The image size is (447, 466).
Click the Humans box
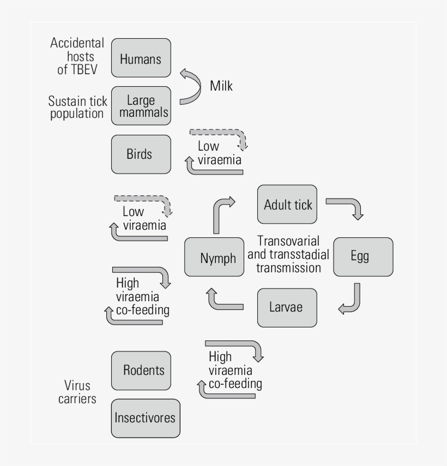tap(141, 58)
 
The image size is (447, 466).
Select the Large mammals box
tap(141, 106)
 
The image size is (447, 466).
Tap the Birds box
tap(141, 154)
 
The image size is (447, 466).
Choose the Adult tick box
tap(287, 204)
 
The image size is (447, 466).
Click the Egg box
tap(363, 257)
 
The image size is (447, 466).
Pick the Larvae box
tap(287, 307)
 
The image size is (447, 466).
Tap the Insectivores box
tap(145, 418)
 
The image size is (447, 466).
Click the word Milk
tap(221, 86)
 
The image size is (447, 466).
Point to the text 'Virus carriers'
tap(77, 391)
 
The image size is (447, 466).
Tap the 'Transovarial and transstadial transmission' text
tap(288, 254)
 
